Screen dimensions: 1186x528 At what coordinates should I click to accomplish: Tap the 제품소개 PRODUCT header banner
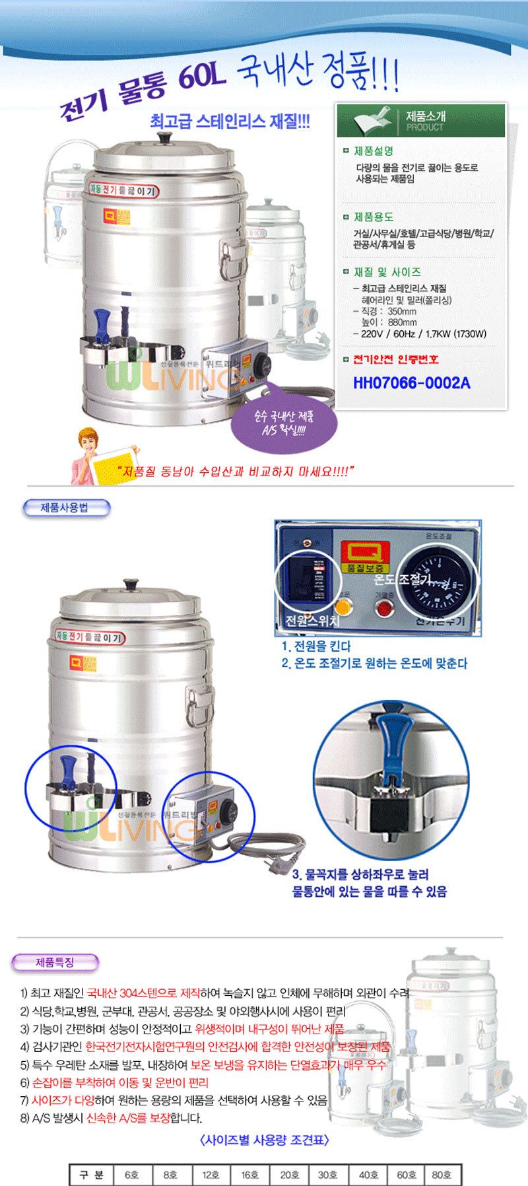click(421, 120)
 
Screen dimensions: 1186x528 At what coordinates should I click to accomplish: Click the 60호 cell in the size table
click(407, 1175)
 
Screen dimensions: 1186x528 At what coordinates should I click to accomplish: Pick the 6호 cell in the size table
click(132, 1175)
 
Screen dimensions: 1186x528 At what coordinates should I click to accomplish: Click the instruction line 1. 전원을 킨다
click(316, 646)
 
